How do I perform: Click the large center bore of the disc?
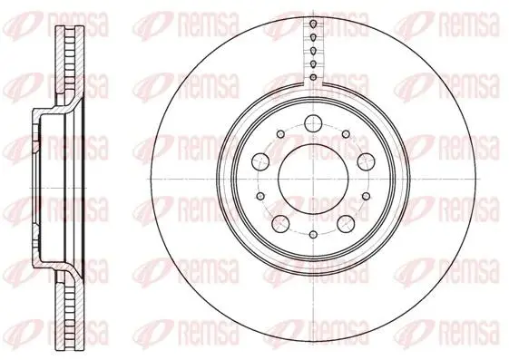pos(313,180)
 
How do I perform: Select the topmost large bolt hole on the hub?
pos(313,123)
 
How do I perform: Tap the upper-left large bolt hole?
pos(261,161)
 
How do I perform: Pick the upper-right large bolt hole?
pos(366,161)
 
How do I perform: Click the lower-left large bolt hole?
pos(280,223)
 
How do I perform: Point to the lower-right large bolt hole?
pos(346,223)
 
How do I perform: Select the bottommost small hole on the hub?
pos(313,234)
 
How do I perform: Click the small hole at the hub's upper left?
pos(280,133)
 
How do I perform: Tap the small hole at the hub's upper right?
pos(346,133)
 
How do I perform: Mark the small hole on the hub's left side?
pos(260,196)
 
